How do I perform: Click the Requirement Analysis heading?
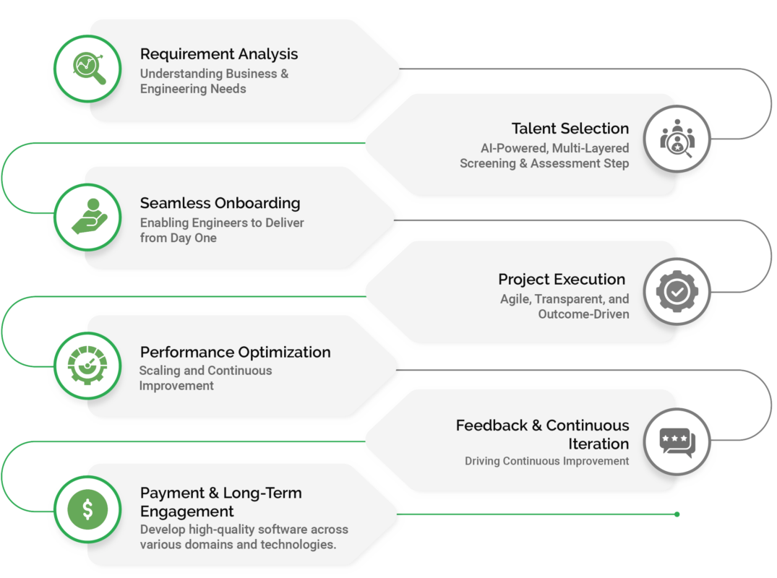point(218,54)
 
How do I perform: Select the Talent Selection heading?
point(570,129)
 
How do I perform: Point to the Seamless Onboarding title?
point(220,203)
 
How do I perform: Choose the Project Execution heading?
point(562,280)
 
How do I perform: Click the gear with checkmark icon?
point(677,291)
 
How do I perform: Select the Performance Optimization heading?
point(235,353)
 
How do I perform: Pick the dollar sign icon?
point(87,510)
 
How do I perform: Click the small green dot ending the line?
point(677,514)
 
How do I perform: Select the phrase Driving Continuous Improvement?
point(546,461)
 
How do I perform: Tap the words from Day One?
point(178,238)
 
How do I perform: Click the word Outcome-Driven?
point(583,314)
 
